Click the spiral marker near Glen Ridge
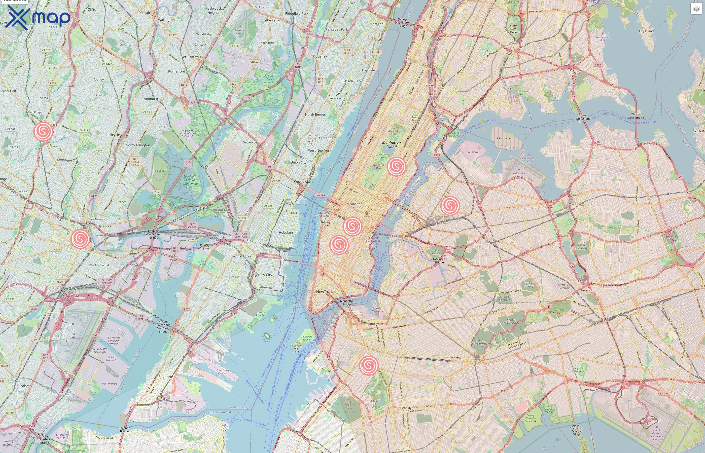[44, 131]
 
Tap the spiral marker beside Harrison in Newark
[80, 239]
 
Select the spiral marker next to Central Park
[396, 166]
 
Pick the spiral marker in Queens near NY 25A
[450, 205]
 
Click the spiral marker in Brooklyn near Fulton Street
[368, 365]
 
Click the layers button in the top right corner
[696, 9]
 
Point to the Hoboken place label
[286, 232]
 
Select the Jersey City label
[263, 275]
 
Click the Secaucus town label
[250, 142]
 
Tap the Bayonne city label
[165, 377]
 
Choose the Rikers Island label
[504, 138]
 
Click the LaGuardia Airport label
[519, 175]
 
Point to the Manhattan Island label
[391, 144]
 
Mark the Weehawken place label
[303, 182]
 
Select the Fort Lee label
[377, 24]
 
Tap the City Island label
[646, 31]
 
